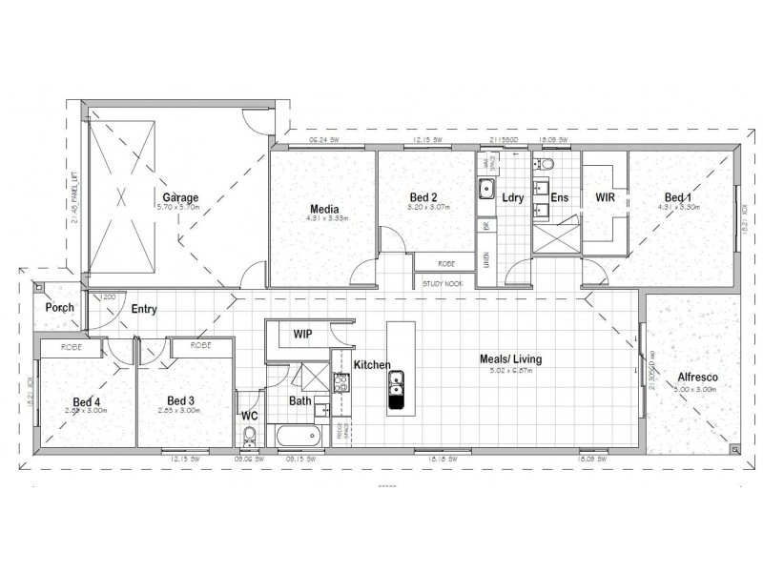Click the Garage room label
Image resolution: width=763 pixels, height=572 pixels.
pos(180,198)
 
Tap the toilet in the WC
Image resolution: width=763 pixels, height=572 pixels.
pos(250,436)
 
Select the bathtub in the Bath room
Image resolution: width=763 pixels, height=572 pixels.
pos(298,436)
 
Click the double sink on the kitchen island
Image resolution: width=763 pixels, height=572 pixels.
pos(395,383)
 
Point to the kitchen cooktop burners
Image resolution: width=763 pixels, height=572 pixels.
pos(340,384)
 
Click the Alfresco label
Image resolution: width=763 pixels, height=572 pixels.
pos(698,377)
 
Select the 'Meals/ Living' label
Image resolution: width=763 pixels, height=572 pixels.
pos(510,359)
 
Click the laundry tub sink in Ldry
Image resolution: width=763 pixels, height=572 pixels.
pos(485,185)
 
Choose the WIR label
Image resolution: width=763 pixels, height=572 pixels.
pos(605,198)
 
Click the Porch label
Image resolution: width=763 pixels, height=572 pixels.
pos(59,308)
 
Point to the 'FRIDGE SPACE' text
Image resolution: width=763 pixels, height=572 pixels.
pos(341,431)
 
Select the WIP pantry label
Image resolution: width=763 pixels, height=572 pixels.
pos(303,335)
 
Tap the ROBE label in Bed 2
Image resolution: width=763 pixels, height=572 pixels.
pos(445,263)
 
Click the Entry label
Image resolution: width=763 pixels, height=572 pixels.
pos(145,309)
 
